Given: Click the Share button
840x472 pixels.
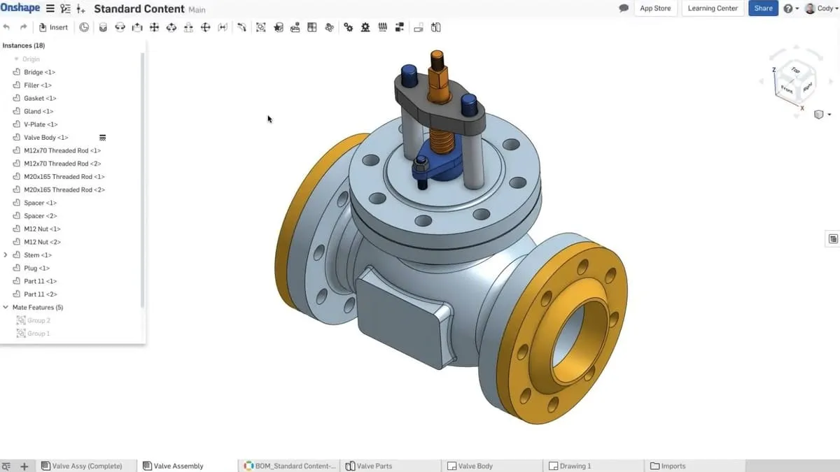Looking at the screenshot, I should (x=763, y=8).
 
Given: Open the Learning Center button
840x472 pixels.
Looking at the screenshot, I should (x=713, y=8).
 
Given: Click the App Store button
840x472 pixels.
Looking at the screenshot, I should (x=655, y=8).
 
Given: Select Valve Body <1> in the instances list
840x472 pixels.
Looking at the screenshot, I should (x=45, y=138).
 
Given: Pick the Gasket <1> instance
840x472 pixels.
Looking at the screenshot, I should (x=40, y=99).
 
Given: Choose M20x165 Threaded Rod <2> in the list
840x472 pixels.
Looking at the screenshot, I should (x=64, y=189).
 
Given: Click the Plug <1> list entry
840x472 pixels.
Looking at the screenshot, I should (x=36, y=269).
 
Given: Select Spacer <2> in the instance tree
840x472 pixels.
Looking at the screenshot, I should (x=40, y=216).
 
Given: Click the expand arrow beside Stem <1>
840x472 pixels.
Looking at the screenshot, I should (x=6, y=255).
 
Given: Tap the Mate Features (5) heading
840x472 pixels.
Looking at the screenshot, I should (x=37, y=308).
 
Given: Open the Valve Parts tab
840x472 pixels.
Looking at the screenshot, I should (x=374, y=466).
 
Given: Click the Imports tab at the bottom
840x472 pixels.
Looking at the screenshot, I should (x=673, y=466).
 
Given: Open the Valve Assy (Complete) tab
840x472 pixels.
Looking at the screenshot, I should (x=87, y=466).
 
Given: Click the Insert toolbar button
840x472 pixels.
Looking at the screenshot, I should (x=54, y=27).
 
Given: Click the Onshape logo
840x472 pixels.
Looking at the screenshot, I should (x=20, y=8).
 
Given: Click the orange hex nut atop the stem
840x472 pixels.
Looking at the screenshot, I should (x=437, y=73).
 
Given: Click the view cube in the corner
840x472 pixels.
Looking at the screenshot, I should (x=794, y=80).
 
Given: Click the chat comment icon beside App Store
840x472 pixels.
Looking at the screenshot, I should (x=624, y=8).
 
